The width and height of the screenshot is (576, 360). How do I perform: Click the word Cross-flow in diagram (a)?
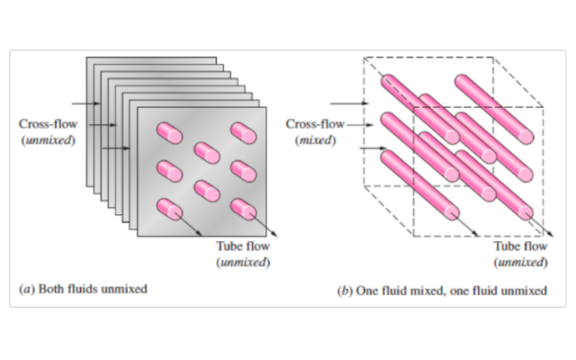(48, 124)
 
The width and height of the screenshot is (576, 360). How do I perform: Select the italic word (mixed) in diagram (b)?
(316, 140)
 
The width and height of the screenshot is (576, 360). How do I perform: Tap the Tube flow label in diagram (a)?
(243, 246)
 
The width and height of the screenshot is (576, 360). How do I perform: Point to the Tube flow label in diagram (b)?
(520, 246)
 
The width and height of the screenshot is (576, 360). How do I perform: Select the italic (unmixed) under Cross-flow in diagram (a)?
(48, 140)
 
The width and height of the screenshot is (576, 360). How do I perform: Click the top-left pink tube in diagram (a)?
(169, 133)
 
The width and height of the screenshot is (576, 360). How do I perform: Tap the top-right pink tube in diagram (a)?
(244, 133)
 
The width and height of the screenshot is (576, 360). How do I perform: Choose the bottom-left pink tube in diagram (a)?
(169, 210)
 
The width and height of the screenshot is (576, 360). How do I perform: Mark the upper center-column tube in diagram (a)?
(207, 153)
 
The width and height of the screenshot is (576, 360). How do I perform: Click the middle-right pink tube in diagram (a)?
(244, 171)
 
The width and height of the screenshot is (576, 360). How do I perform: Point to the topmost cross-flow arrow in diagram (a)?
(86, 103)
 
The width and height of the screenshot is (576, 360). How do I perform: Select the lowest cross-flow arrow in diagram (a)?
(116, 148)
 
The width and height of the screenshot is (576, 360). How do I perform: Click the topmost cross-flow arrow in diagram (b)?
(349, 103)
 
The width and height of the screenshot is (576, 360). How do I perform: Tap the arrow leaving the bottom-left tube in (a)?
(190, 224)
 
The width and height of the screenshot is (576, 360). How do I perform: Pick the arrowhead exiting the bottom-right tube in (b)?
(550, 234)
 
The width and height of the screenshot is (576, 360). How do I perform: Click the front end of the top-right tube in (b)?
(526, 137)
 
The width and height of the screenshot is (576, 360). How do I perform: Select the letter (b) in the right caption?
(345, 291)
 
